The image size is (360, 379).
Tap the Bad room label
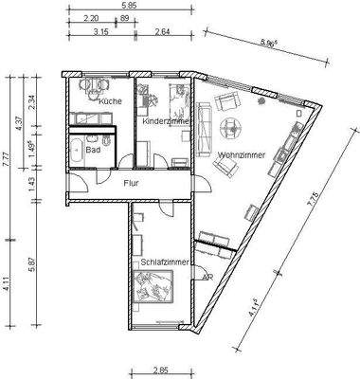93,150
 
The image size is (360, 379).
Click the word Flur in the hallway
132,186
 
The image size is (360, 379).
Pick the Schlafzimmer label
164,262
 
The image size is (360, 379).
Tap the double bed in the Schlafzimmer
155,284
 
